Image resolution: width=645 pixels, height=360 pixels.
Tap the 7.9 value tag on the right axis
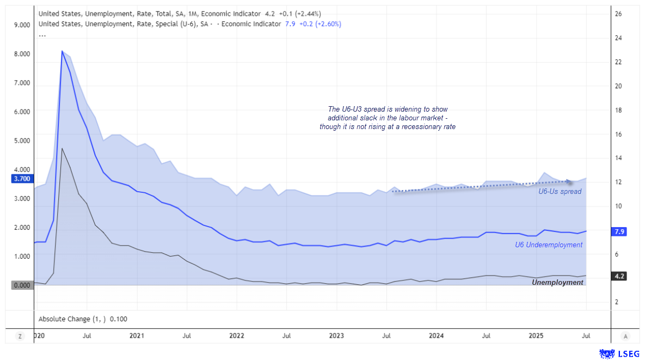(619, 232)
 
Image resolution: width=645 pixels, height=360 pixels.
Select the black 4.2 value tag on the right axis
(619, 276)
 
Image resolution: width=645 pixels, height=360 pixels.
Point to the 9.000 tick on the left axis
(22, 25)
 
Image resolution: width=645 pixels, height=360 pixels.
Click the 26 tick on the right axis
(618, 14)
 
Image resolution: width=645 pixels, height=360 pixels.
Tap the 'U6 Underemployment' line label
(549, 245)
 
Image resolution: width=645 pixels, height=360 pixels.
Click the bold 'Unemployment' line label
(557, 283)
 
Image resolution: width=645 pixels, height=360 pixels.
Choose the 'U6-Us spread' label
(560, 192)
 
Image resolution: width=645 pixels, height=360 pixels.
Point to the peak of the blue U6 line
(62, 51)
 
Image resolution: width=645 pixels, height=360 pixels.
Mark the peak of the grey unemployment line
(62, 148)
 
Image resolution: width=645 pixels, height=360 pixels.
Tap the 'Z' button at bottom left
(20, 336)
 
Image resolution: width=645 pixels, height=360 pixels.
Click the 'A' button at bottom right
(626, 336)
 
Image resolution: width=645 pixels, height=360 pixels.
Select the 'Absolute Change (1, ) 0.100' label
(83, 319)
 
